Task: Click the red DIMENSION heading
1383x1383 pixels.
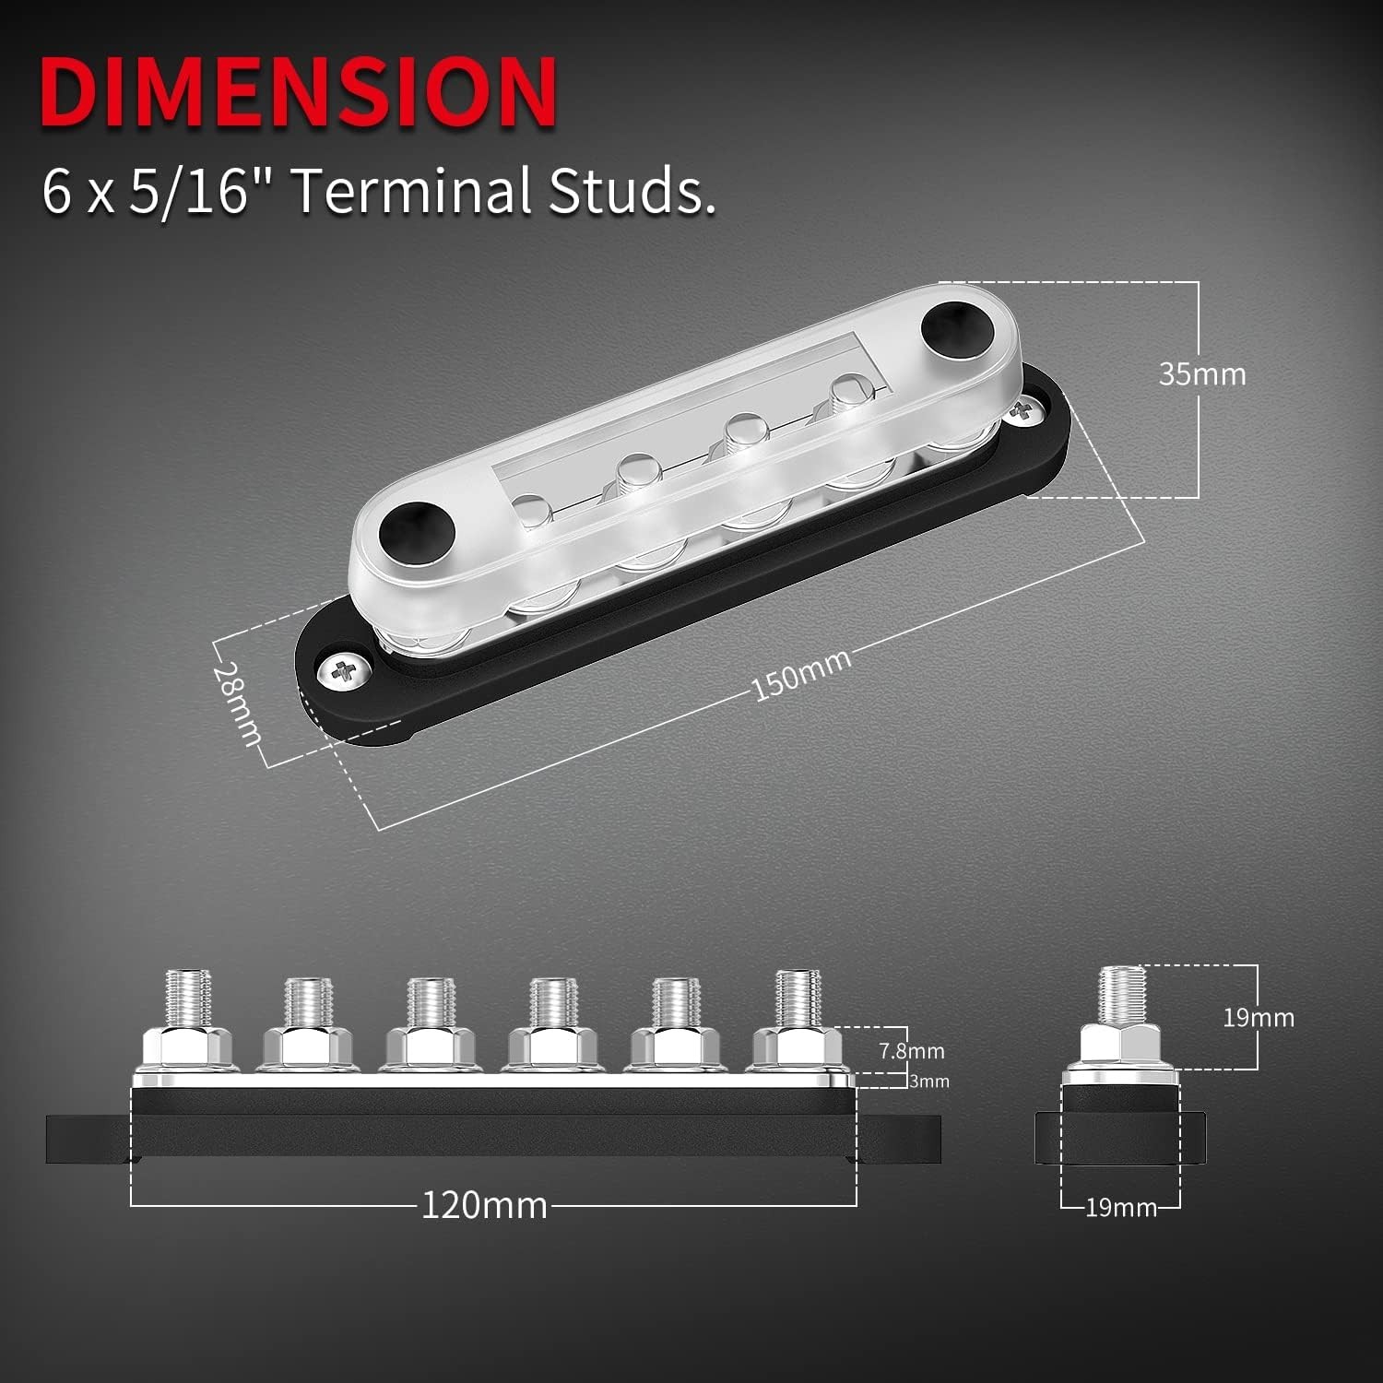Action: [298, 92]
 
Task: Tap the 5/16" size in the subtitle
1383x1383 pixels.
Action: [188, 191]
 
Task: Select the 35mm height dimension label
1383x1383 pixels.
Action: [1201, 374]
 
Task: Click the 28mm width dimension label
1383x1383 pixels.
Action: [237, 703]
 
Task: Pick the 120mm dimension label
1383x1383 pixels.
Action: [484, 1205]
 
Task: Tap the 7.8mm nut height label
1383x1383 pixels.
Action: [911, 1050]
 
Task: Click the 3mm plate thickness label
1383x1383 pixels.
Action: [928, 1082]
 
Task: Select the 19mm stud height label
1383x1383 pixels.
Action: [1258, 1018]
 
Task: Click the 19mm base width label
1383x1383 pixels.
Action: [1120, 1208]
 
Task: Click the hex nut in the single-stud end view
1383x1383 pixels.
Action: [1120, 1046]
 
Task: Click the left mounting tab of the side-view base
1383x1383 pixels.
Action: [88, 1139]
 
